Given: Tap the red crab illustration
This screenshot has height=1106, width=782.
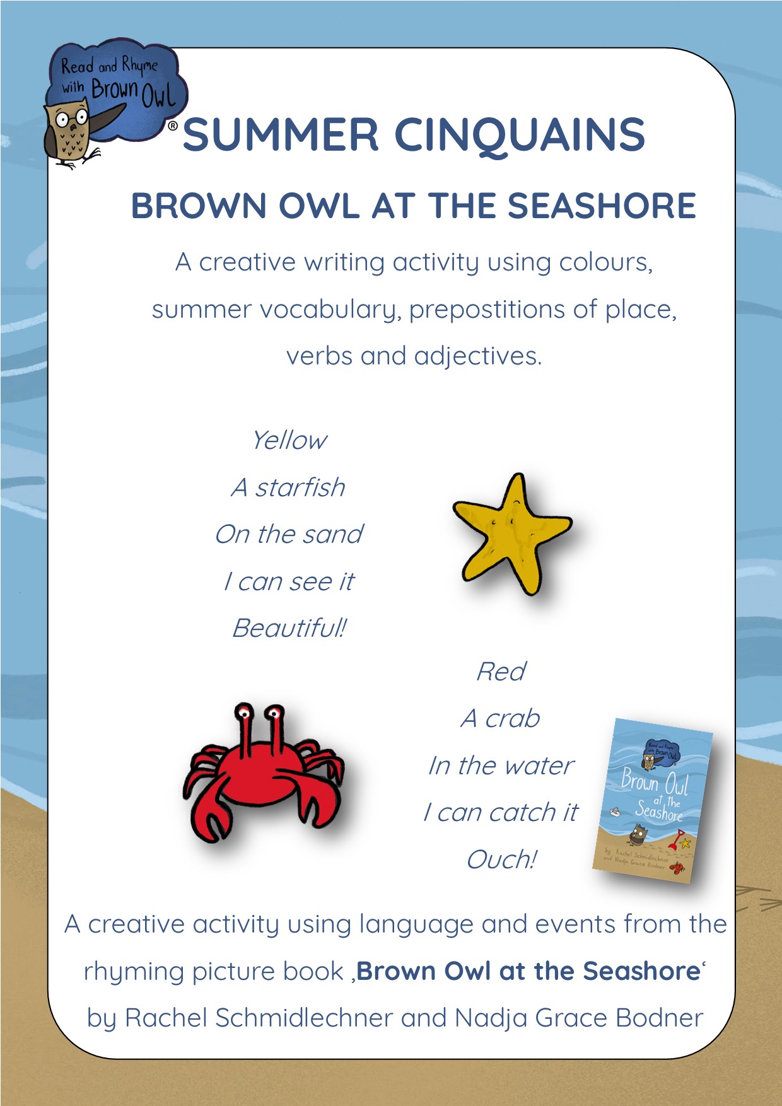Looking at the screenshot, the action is [264, 772].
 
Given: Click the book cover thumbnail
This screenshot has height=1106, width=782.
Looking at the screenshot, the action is [653, 800].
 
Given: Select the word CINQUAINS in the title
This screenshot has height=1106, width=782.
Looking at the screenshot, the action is [520, 135].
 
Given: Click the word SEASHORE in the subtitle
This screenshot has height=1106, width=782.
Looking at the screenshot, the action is [602, 206].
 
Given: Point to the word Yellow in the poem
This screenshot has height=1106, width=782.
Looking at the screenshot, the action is [289, 440].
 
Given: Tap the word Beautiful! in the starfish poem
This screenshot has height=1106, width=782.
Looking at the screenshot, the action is [289, 628].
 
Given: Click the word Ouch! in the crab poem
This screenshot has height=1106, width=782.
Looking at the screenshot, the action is [501, 859].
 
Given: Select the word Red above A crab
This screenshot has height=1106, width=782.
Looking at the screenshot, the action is [501, 672].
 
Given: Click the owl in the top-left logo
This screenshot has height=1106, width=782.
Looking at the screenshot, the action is [71, 136].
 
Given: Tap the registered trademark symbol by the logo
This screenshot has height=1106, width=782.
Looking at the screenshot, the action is [172, 126].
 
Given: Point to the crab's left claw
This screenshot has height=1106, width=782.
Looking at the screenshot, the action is [202, 813].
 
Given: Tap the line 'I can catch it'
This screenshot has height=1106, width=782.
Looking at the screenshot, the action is [501, 813].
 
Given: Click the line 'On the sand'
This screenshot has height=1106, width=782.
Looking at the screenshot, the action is [289, 534].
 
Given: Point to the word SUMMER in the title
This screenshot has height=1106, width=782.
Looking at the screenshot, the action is [281, 135].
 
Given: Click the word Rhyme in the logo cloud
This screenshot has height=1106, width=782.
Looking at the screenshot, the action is [139, 65].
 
